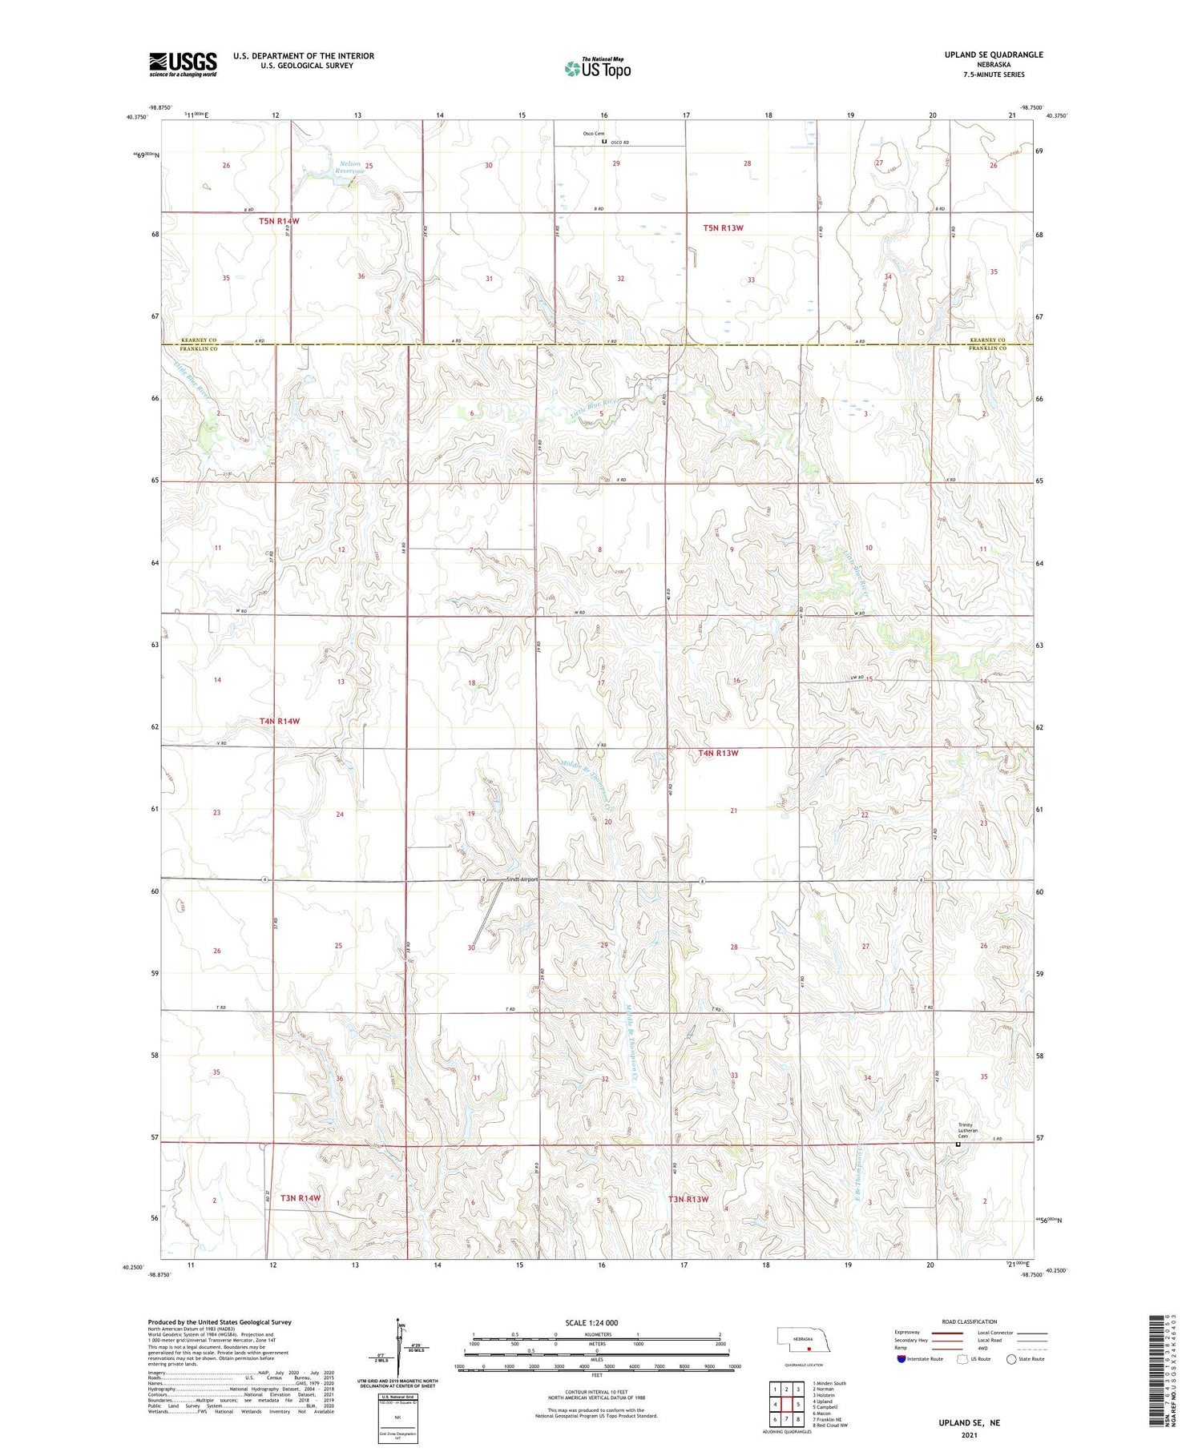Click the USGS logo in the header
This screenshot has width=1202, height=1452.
pyautogui.click(x=183, y=64)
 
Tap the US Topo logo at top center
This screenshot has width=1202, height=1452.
pyautogui.click(x=597, y=68)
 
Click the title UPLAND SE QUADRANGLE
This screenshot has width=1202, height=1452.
pyautogui.click(x=994, y=54)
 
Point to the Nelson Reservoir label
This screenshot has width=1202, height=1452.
pyautogui.click(x=350, y=167)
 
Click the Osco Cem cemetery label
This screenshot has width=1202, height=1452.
pyautogui.click(x=594, y=134)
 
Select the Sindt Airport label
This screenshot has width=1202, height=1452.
pyautogui.click(x=522, y=879)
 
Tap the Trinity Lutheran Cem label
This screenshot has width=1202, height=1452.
pyautogui.click(x=970, y=1130)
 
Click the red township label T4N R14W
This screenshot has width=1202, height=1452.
pyautogui.click(x=280, y=721)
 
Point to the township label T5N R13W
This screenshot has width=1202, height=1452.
pyautogui.click(x=723, y=228)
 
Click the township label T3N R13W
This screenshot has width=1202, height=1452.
pyautogui.click(x=689, y=1199)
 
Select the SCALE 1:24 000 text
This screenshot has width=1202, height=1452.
pyautogui.click(x=591, y=1322)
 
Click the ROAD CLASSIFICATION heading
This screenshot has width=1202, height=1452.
pyautogui.click(x=970, y=1321)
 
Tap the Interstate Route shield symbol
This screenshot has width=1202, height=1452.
pyautogui.click(x=901, y=1359)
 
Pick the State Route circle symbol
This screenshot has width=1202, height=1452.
pyautogui.click(x=1011, y=1359)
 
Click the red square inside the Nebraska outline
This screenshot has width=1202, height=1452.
pyautogui.click(x=809, y=1347)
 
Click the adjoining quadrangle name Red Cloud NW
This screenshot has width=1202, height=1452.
pyautogui.click(x=832, y=1426)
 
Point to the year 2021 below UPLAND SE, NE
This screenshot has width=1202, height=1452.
pyautogui.click(x=970, y=1434)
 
